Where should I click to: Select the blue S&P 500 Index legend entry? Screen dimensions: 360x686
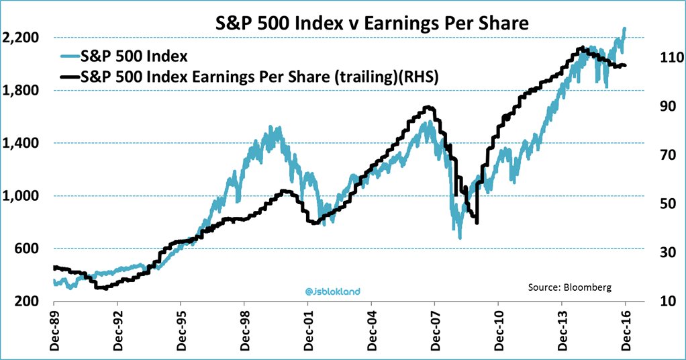pos(134,55)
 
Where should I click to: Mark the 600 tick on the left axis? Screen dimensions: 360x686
pos(27,249)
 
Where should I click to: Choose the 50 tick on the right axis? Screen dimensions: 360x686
pos(661,204)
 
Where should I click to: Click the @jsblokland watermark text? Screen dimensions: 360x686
pos(333,291)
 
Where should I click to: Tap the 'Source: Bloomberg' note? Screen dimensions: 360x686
pos(570,287)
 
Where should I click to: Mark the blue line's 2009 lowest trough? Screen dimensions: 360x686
pos(460,237)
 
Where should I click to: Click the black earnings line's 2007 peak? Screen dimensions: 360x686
pos(428,107)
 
